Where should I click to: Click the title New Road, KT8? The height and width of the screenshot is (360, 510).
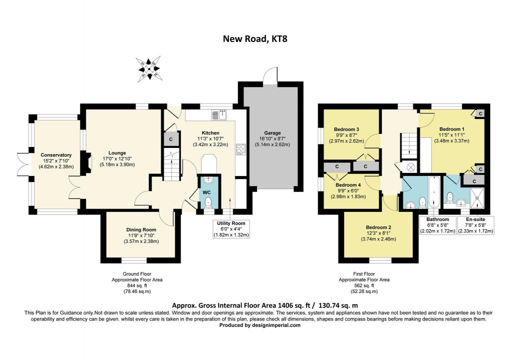tap(255, 38)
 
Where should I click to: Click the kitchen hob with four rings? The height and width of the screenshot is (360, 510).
tap(240, 149)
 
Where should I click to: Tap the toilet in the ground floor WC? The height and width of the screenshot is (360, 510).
tap(208, 202)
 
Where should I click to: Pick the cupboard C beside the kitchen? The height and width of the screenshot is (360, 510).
tap(170, 139)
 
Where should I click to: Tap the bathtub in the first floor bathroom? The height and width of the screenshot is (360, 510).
tap(433, 193)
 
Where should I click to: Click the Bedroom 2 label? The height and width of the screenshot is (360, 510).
tap(378, 227)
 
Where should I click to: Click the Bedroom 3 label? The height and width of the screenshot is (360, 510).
tap(346, 129)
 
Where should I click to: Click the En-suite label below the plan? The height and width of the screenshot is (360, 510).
tap(475, 219)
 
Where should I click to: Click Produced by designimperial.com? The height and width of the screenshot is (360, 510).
tap(260, 325)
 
